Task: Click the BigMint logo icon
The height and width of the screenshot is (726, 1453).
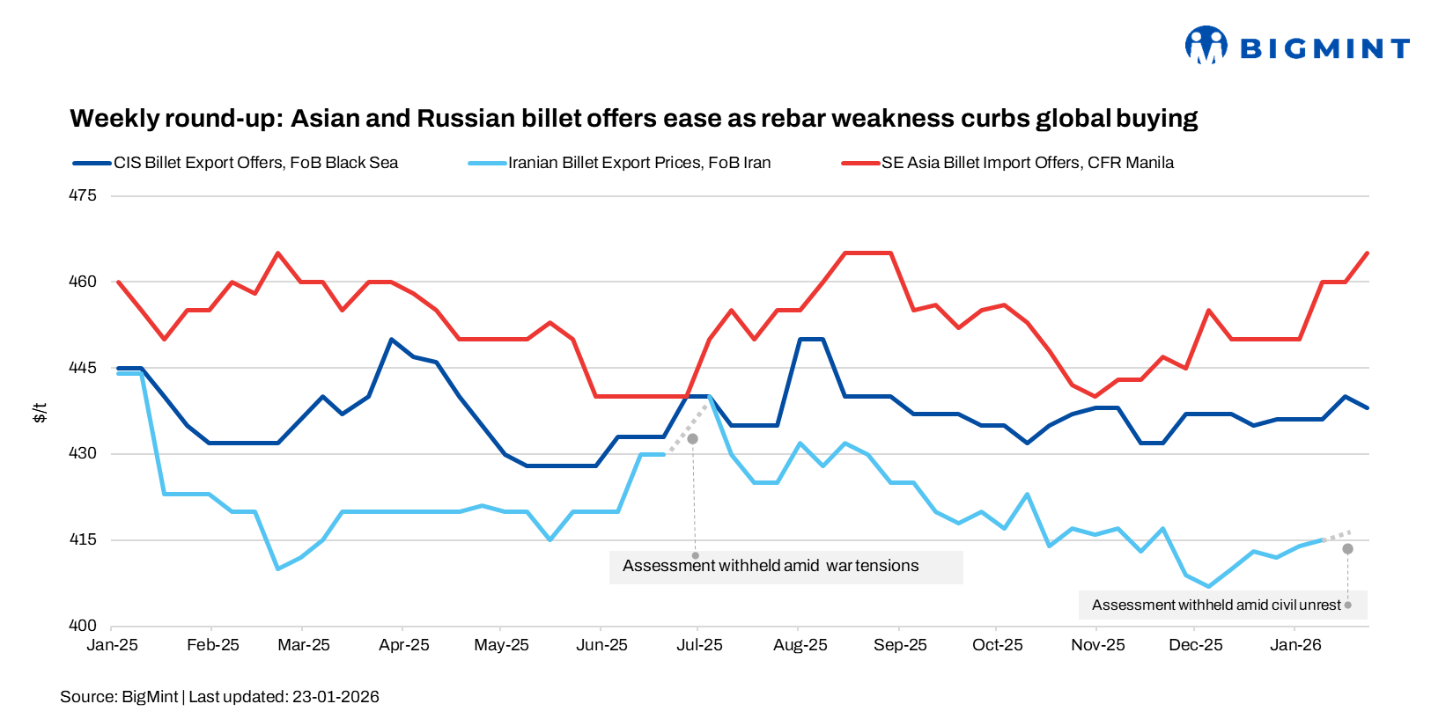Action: [1206, 45]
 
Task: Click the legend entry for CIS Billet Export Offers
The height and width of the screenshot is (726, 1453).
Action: [255, 163]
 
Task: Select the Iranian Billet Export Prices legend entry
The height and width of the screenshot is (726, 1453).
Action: [639, 163]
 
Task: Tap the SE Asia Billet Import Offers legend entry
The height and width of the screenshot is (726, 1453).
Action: [1028, 163]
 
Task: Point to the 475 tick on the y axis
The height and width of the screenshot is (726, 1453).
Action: [83, 195]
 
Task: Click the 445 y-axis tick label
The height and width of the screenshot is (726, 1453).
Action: [83, 368]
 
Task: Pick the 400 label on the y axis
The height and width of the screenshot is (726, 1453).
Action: [83, 626]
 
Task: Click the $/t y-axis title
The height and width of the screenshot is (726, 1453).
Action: [40, 412]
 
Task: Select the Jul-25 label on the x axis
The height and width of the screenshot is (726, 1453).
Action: [699, 645]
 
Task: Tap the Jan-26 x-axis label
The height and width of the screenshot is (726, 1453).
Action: [1295, 645]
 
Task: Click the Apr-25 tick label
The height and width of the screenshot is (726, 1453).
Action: [403, 645]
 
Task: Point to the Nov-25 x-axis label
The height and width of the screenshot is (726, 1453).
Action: [1097, 645]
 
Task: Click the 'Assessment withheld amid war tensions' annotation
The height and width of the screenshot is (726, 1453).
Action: [771, 566]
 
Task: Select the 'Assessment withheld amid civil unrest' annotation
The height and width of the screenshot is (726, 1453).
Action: [1216, 605]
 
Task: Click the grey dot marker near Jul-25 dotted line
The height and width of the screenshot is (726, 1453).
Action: [692, 438]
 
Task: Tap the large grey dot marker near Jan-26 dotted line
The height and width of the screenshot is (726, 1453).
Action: [1347, 549]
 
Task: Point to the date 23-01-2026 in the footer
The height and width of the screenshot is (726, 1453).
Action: [336, 697]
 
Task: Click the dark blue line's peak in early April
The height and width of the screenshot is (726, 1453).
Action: [391, 339]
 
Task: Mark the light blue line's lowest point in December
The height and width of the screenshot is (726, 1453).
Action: [1208, 586]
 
